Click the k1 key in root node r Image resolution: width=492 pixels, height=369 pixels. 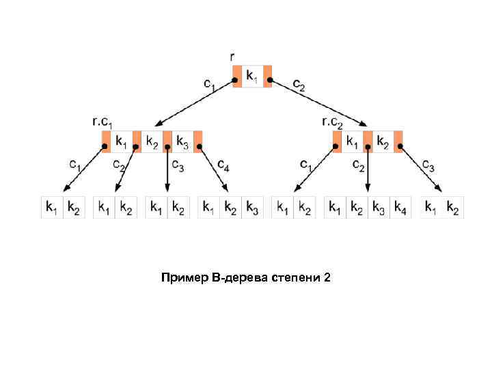(252, 76)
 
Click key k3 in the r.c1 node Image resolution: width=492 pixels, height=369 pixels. (182, 142)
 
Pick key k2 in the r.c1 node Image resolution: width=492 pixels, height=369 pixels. (152, 142)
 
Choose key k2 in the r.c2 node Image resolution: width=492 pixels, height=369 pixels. (383, 142)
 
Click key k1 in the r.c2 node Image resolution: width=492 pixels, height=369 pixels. (352, 142)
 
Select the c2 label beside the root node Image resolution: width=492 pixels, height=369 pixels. (299, 84)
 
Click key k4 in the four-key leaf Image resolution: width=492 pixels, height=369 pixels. (400, 207)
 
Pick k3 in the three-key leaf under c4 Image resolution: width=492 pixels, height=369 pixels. (252, 207)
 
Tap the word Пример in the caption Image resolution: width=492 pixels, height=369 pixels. (183, 277)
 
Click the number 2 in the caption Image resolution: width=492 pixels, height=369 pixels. (327, 277)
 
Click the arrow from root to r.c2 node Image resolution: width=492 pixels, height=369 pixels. (318, 102)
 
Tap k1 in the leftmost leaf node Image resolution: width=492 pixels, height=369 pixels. (52, 207)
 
